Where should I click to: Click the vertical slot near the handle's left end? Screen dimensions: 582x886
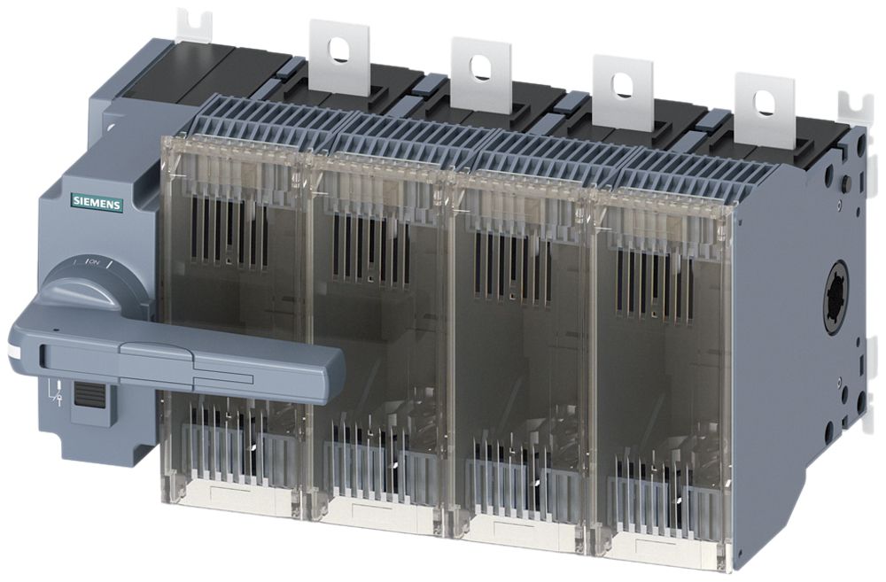(x=42, y=357)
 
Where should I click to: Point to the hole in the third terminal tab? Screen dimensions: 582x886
(x=620, y=81)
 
